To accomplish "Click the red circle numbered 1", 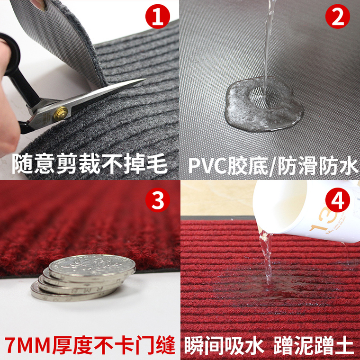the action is click(x=157, y=16).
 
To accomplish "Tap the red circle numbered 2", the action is click(x=337, y=16).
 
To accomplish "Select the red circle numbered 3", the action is click(x=157, y=200).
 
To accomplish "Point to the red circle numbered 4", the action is click(x=337, y=200).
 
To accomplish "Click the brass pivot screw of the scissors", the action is click(x=60, y=113).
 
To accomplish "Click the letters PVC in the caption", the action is click(x=208, y=165).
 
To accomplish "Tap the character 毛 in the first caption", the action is click(x=157, y=164).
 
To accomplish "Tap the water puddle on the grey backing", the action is click(x=264, y=105).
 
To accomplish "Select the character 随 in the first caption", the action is click(x=22, y=164).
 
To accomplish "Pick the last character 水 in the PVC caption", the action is click(x=347, y=165).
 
